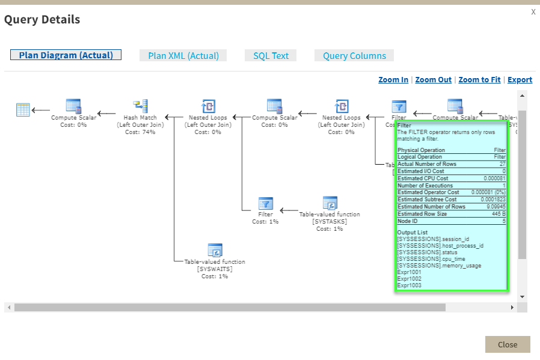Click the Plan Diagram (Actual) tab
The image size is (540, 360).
tap(66, 55)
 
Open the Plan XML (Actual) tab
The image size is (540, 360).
tap(183, 56)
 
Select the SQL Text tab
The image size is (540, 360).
tap(271, 56)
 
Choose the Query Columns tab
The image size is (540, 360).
tap(354, 56)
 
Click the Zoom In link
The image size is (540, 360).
tap(393, 80)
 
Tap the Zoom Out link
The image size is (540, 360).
tap(433, 80)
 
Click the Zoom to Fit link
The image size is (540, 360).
tap(479, 80)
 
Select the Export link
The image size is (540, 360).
tap(520, 80)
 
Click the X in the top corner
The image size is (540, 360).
tap(533, 12)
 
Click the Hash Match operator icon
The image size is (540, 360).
tap(140, 106)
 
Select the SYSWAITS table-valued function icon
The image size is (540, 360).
tap(215, 251)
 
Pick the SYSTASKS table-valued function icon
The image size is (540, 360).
tap(330, 203)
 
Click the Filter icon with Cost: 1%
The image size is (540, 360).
tap(265, 203)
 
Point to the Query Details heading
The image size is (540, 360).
tap(42, 20)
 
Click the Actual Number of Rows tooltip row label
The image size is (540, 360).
tap(427, 164)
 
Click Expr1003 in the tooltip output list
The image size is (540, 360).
tap(410, 285)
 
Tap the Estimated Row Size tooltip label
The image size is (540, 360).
tap(423, 214)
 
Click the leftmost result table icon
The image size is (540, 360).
tap(23, 109)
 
